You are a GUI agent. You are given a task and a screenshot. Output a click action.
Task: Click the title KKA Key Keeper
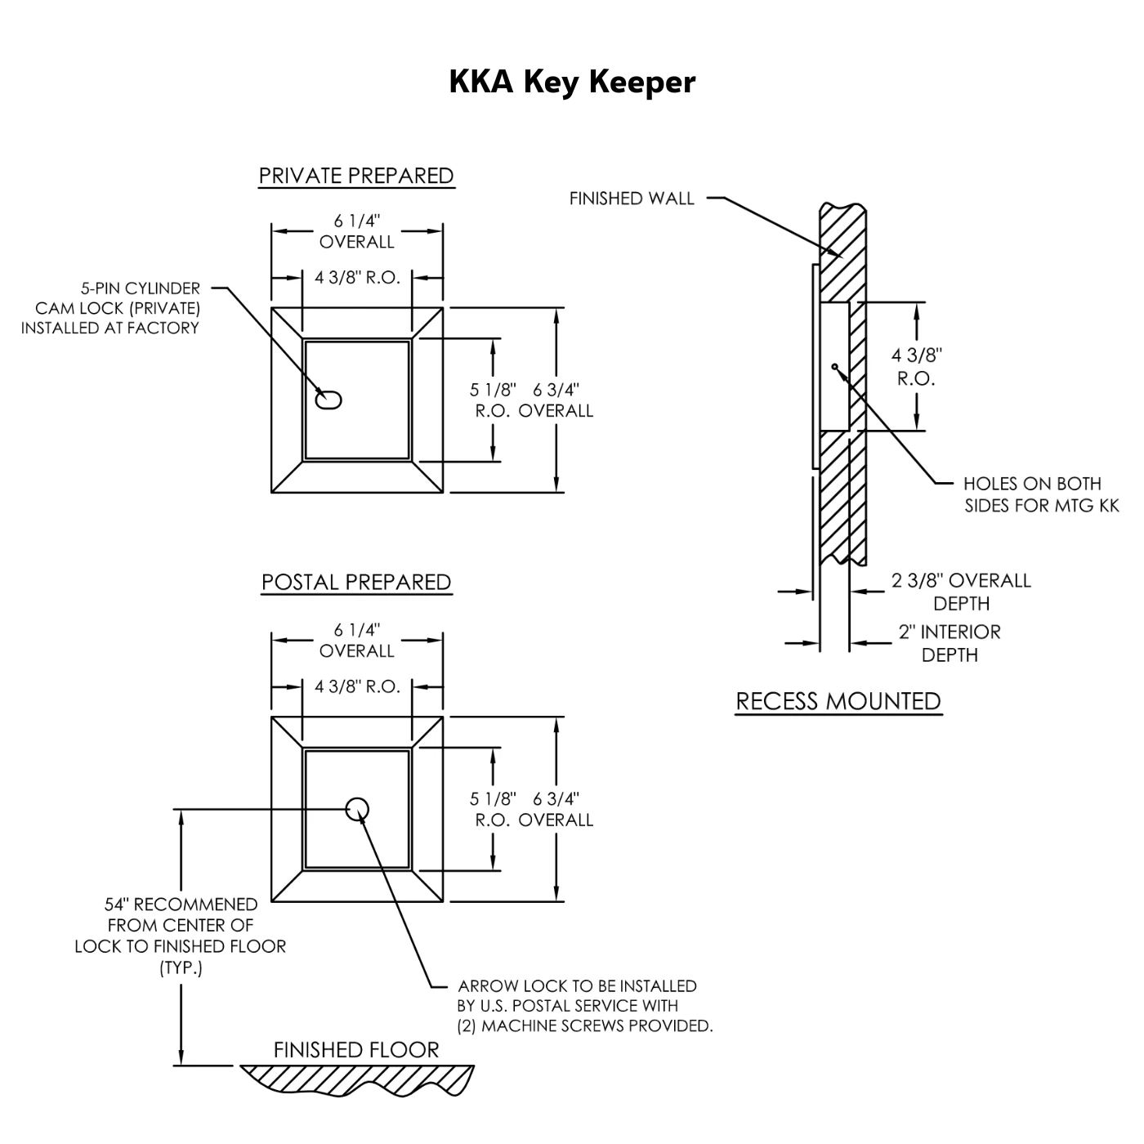click(572, 82)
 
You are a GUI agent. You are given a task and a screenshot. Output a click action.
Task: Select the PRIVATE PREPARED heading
click(356, 176)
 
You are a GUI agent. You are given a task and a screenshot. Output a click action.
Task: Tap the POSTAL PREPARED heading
click(356, 582)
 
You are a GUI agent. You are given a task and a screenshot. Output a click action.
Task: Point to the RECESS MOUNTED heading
click(838, 701)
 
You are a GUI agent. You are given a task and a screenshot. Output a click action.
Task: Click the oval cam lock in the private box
click(329, 400)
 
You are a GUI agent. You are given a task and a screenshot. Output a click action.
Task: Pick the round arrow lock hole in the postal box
click(357, 809)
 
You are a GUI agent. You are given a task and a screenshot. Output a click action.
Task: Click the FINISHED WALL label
click(632, 198)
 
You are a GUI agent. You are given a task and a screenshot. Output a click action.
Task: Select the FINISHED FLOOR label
click(356, 1050)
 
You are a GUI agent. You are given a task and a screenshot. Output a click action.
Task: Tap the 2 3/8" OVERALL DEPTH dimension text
click(961, 592)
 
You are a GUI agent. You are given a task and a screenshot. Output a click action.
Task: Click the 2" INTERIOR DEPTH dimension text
click(950, 643)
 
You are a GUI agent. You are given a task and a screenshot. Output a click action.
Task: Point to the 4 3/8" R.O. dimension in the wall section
click(916, 367)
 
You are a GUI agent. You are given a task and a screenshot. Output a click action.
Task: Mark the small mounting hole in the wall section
click(834, 366)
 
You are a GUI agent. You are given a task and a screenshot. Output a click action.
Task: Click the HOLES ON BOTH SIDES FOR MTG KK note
click(1041, 494)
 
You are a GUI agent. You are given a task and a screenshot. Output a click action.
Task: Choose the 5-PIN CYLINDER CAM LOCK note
click(111, 308)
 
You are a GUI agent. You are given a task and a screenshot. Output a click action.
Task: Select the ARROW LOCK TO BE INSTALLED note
click(584, 1006)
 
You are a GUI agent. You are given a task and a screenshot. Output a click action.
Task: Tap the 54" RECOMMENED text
click(181, 905)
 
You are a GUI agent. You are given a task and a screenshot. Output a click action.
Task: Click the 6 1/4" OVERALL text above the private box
click(357, 231)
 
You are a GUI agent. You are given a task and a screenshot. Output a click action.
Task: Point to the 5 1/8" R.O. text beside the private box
click(493, 400)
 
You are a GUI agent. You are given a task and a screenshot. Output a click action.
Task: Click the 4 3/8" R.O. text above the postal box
click(357, 686)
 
